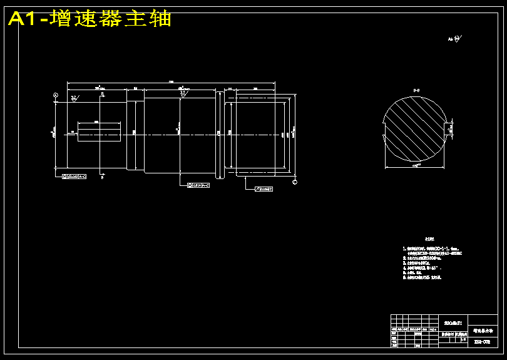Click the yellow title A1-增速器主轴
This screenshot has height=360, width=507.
(90, 19)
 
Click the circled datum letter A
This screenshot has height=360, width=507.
(56, 95)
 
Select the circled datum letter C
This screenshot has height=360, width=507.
(295, 182)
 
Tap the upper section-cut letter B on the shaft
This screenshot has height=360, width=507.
(102, 94)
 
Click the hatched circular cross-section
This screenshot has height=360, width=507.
(416, 132)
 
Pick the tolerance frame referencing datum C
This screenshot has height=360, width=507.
(264, 188)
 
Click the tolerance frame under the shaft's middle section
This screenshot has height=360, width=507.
(198, 185)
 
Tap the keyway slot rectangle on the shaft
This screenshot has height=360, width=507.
(98, 132)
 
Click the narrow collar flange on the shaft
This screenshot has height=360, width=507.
(220, 133)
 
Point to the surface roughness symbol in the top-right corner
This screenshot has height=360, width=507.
(454, 39)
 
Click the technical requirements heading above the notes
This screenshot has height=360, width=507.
(429, 239)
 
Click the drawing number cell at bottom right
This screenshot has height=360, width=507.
(483, 342)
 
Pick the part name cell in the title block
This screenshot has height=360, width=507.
(483, 329)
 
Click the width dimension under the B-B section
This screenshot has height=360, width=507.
(416, 167)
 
